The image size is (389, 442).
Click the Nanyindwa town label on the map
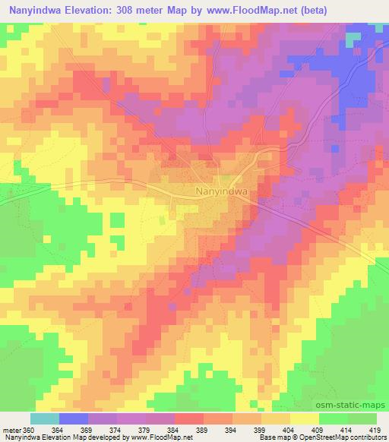click(222, 192)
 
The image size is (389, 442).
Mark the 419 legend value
click(375, 429)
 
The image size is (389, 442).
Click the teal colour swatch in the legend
click(44, 418)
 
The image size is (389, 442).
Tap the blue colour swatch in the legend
click(74, 418)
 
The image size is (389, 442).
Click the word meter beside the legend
click(12, 429)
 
